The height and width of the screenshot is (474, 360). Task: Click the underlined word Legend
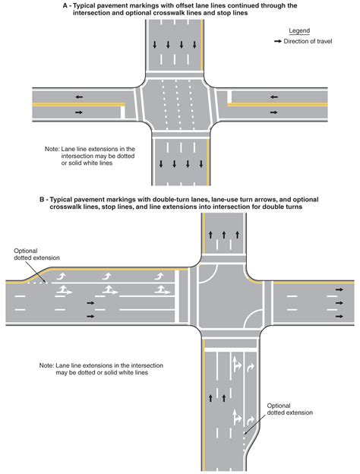[x=299, y=31]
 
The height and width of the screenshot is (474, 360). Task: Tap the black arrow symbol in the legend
[x=278, y=41]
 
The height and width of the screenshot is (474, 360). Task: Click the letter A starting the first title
[x=65, y=5]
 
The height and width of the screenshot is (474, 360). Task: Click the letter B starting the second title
[x=42, y=200]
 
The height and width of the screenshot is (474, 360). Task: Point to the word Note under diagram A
[x=52, y=149]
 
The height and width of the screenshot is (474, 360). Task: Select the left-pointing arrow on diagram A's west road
[x=79, y=97]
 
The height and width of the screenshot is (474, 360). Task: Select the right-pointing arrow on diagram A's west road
[x=79, y=112]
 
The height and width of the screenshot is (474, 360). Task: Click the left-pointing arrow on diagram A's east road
[x=274, y=97]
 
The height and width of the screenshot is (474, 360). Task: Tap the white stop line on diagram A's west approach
[x=123, y=112]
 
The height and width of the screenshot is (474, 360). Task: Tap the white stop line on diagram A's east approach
[x=229, y=96]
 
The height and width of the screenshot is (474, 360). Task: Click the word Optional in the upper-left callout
[x=26, y=251]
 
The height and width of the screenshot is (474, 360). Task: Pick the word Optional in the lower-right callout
[x=279, y=406]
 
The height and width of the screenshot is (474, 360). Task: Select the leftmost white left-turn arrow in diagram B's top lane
[x=62, y=276]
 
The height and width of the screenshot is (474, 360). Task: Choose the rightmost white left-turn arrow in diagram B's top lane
[x=159, y=276]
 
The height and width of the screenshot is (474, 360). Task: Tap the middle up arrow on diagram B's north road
[x=224, y=235]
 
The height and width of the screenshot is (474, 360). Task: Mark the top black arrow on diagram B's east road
[x=339, y=289]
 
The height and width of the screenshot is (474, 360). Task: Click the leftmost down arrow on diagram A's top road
[x=155, y=45]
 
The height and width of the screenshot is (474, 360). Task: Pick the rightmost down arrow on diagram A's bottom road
[x=201, y=164]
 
